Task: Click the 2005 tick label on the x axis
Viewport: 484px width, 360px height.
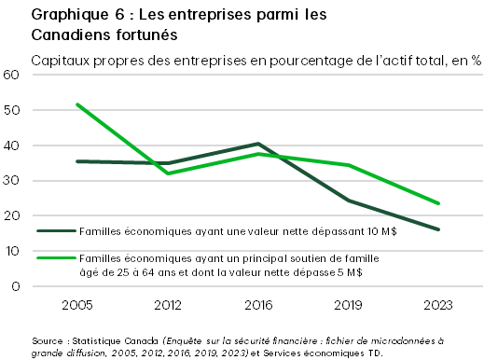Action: (76, 304)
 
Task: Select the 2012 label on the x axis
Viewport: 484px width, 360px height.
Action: (167, 304)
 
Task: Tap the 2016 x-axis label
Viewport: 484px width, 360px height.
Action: (257, 304)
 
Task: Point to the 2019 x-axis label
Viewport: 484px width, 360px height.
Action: (348, 304)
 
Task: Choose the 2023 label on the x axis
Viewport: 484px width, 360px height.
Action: (438, 304)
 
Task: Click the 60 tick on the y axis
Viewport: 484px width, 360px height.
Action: (13, 75)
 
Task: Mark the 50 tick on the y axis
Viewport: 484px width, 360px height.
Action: (13, 110)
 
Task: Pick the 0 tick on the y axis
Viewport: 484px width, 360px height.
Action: (17, 286)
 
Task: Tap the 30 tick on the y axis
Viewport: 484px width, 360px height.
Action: (13, 181)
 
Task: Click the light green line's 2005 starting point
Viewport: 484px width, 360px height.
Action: (76, 104)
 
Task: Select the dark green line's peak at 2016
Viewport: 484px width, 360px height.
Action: (257, 144)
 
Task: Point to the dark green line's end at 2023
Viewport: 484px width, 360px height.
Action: (438, 229)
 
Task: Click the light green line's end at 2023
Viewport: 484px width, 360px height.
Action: (438, 203)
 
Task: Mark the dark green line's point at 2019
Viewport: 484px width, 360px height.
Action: (348, 201)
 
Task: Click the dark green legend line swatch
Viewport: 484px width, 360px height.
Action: (56, 229)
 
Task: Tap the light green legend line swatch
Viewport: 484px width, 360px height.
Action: (56, 255)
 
